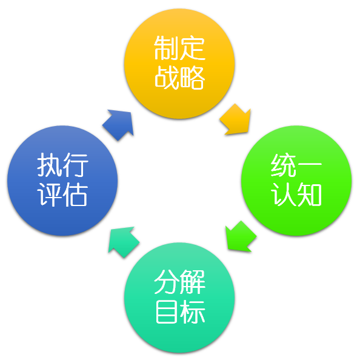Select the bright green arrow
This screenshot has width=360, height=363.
(240, 237)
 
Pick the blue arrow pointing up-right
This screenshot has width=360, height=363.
(119, 124)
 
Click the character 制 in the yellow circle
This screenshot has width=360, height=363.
(166, 48)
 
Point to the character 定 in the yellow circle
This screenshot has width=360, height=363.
(193, 48)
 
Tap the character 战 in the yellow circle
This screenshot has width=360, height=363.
(167, 78)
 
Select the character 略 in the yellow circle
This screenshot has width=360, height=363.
(193, 78)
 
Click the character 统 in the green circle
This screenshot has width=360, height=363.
(284, 165)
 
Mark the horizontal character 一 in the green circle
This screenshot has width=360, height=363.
(309, 164)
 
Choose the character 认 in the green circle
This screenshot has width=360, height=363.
(284, 195)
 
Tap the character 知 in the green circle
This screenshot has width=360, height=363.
(309, 195)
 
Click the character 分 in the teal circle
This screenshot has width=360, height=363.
(166, 282)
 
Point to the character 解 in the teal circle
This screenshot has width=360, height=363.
(193, 282)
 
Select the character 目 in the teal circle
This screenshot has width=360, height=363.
(166, 311)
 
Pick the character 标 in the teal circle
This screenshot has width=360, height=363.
(193, 311)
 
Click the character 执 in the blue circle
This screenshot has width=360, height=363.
(50, 165)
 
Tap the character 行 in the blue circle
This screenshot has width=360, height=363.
(76, 165)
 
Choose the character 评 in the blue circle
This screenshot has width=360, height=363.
(50, 195)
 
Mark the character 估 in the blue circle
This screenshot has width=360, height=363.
(76, 195)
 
